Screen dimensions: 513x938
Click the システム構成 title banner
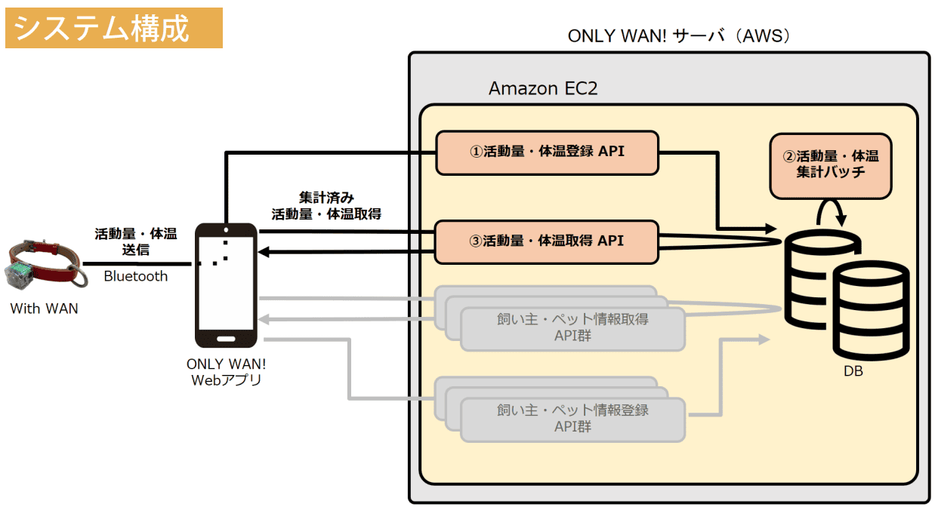tap(113, 28)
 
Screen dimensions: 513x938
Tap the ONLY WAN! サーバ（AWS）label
tap(679, 36)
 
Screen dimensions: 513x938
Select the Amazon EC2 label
tap(543, 88)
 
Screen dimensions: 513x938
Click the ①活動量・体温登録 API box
tap(547, 152)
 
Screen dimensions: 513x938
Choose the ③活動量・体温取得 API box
tap(547, 241)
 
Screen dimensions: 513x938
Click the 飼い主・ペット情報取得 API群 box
tap(572, 328)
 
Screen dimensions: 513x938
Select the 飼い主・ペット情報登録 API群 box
tap(572, 419)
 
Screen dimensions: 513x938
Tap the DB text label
tap(853, 372)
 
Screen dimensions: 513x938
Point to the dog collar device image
tap(42, 264)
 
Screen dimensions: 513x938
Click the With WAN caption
tap(44, 309)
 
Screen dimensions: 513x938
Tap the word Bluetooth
tap(136, 276)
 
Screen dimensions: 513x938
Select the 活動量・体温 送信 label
tap(136, 241)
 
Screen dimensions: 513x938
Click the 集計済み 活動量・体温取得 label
tap(326, 205)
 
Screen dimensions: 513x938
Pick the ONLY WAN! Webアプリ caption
tap(226, 372)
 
